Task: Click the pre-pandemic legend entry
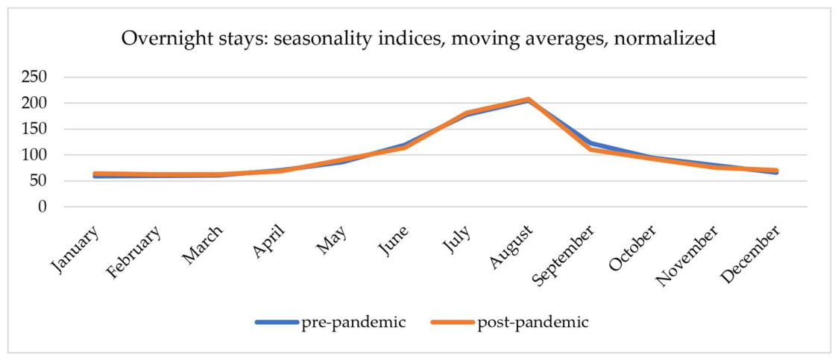tap(331, 322)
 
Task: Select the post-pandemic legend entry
tap(508, 322)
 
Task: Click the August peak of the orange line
tap(528, 99)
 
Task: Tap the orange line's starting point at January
tap(95, 174)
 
